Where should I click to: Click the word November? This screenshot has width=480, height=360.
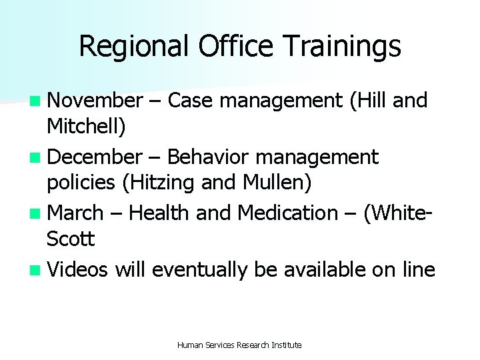[x=95, y=101]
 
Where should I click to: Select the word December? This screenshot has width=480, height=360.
[x=95, y=157]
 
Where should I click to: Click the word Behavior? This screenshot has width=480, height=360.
[x=207, y=157]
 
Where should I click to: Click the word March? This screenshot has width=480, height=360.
[x=76, y=213]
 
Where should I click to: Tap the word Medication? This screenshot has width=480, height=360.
[x=288, y=213]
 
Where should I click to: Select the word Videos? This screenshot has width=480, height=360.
[x=79, y=269]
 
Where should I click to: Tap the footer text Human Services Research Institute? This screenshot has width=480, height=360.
[x=239, y=345]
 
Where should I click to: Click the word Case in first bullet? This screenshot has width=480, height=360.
[x=192, y=101]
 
